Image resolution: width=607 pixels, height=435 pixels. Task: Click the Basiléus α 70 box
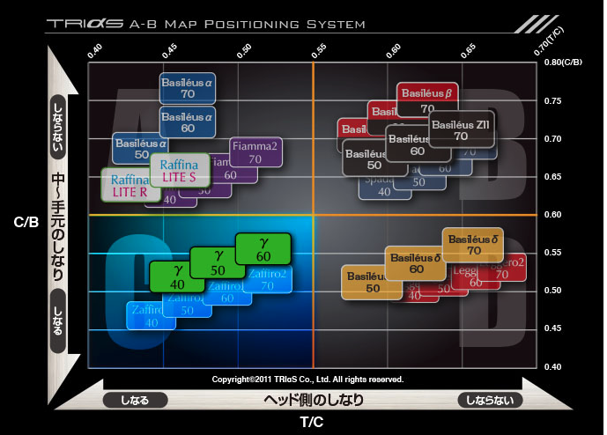pos(187,87)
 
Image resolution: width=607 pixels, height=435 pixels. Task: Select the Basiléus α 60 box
pos(187,122)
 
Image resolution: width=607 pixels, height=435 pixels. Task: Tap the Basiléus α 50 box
pos(141,148)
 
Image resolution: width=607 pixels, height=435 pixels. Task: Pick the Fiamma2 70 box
pos(255,152)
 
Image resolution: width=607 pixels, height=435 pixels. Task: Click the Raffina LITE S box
pos(180,170)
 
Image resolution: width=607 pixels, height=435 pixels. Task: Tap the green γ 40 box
pos(177,276)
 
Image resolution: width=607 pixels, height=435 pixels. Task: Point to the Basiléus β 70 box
pos(426,99)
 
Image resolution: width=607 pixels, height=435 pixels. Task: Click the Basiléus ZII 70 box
pos(461,130)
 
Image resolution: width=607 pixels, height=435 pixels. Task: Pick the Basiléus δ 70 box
pos(474,244)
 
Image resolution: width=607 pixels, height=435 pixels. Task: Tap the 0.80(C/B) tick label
pos(564,63)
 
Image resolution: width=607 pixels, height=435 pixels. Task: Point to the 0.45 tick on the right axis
pos(552,328)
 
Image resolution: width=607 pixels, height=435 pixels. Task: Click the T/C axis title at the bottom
pos(312,423)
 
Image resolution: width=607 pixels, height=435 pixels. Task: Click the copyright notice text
pos(307,379)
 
